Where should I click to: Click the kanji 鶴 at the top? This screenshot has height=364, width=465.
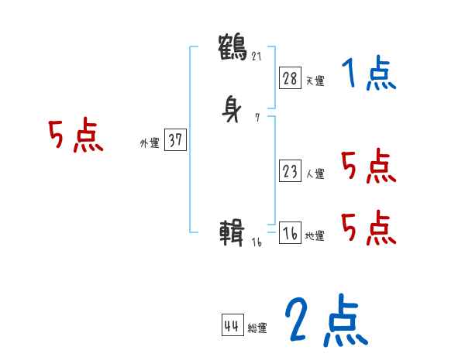(x=233, y=46)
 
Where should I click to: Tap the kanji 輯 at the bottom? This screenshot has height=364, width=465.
(x=233, y=232)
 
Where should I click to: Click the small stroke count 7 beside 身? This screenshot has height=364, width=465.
(x=257, y=118)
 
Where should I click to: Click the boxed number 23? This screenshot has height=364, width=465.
(x=290, y=171)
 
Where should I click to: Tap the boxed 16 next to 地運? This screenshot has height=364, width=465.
(x=290, y=233)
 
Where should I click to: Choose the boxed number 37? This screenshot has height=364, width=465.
(x=175, y=140)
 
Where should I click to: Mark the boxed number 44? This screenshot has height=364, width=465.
(x=232, y=326)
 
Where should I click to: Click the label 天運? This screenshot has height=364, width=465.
(x=315, y=81)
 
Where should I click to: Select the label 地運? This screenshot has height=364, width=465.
(x=315, y=236)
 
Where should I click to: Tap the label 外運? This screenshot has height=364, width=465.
(x=150, y=143)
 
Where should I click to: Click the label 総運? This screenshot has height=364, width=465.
(x=257, y=329)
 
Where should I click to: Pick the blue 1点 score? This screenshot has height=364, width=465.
(x=369, y=75)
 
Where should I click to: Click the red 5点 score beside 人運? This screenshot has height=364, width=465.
(x=367, y=166)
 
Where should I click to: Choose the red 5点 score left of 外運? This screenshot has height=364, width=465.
(x=75, y=137)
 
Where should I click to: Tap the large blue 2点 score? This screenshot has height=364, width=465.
(x=325, y=321)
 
